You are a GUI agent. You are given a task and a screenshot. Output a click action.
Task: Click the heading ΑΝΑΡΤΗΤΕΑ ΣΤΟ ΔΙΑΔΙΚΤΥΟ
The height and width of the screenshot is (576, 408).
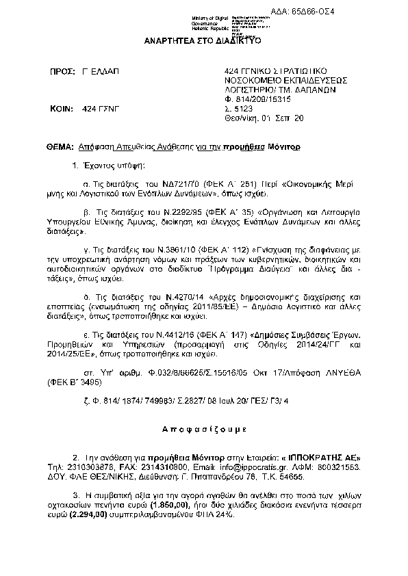pos(203,40)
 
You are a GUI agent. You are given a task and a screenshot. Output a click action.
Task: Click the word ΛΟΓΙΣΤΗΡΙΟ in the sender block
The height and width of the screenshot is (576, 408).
pos(253,89)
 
